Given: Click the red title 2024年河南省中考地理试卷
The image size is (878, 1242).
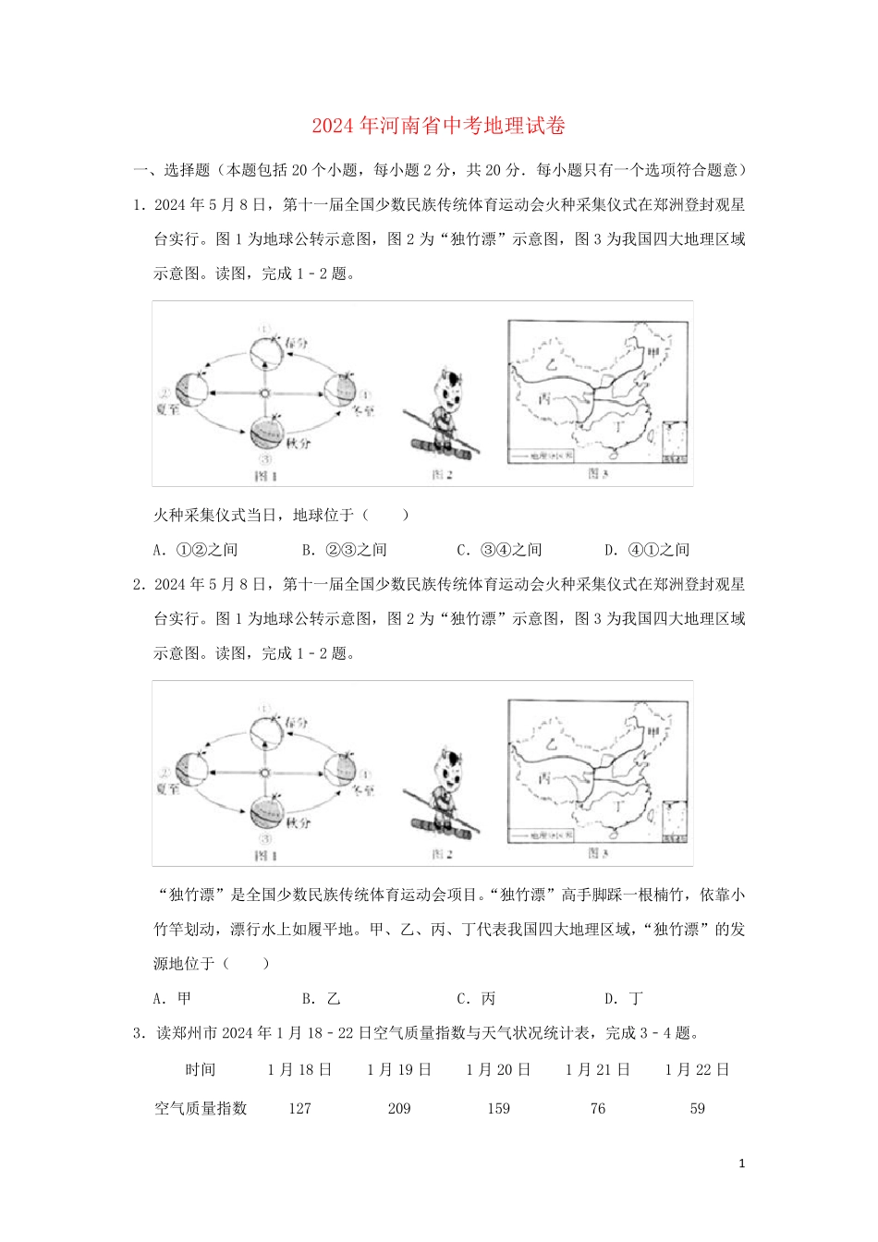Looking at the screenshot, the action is pos(438,126).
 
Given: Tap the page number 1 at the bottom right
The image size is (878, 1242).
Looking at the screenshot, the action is pos(742,1163).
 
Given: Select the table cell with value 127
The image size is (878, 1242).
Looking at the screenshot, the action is pos(299,1108).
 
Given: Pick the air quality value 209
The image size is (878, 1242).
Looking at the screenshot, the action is pos(399,1108).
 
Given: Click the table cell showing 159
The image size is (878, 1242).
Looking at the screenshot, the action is pos(498,1108).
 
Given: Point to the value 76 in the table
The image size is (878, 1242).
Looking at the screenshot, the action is pos(598,1108).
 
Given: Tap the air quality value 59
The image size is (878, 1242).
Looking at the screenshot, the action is pos(698,1108).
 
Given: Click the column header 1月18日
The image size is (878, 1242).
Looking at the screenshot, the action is pos(299,1069).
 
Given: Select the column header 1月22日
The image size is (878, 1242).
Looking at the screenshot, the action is pos(698,1069).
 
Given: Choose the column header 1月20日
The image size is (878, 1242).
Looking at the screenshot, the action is pos(498,1069).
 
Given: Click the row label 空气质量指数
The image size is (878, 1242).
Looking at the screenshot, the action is pos(201,1108).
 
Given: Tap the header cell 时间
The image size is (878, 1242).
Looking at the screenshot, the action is pos(201,1069).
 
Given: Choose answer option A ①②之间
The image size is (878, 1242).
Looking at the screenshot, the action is pos(195,550).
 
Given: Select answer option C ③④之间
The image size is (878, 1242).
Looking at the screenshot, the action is pos(499,550).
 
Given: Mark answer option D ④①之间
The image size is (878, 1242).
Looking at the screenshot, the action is pos(647,550).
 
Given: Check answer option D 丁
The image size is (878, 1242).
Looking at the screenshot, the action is pos(624,998).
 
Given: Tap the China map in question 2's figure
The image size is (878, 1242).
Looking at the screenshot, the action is pos(598,771).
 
